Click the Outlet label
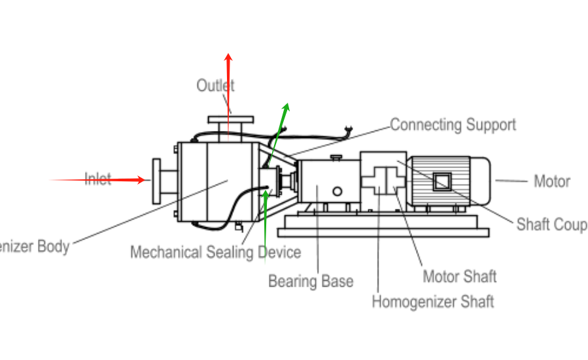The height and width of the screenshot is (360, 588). point(215,85)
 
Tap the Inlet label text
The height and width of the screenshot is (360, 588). point(98,179)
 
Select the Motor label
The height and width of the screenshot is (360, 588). point(552,181)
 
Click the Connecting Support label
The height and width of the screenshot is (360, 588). point(453,124)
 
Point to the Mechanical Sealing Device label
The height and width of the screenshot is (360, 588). point(215,252)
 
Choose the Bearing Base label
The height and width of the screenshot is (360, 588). point(311,281)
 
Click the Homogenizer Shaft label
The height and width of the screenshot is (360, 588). point(432,302)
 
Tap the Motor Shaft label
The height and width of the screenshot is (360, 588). point(459,276)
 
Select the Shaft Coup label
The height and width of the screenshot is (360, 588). point(551,225)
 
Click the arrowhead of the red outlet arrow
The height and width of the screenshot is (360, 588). point(228,58)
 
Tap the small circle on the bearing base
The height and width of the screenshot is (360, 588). point(337,191)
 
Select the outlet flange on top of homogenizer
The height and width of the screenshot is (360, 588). point(230,120)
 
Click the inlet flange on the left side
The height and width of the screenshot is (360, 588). point(156,181)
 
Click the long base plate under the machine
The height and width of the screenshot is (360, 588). point(383,232)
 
